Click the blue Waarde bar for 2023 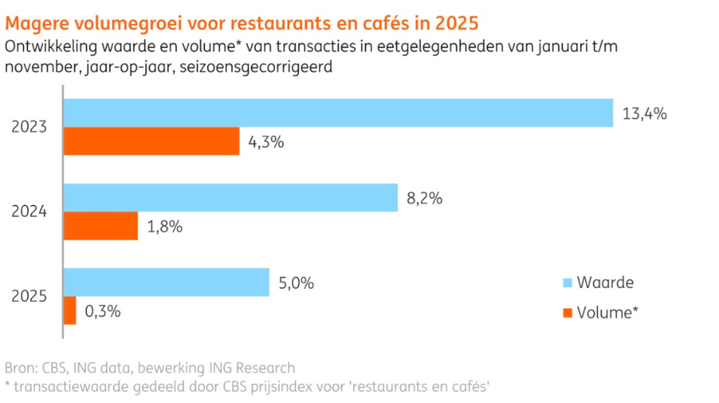click(x=338, y=113)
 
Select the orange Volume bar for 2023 click(x=151, y=142)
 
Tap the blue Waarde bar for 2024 click(x=230, y=198)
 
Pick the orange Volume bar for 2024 click(x=101, y=226)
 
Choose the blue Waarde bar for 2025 click(x=166, y=283)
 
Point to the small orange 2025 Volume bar click(x=70, y=311)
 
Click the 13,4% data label click(x=644, y=114)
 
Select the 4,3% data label click(x=266, y=143)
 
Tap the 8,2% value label click(x=424, y=199)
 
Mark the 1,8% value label click(x=164, y=227)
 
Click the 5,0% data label click(x=296, y=283)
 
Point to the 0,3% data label click(x=102, y=311)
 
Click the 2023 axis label click(x=30, y=128)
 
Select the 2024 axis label click(x=30, y=212)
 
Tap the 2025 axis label click(x=30, y=297)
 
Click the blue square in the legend click(x=567, y=283)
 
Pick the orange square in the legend click(x=567, y=312)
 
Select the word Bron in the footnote click(x=20, y=367)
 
